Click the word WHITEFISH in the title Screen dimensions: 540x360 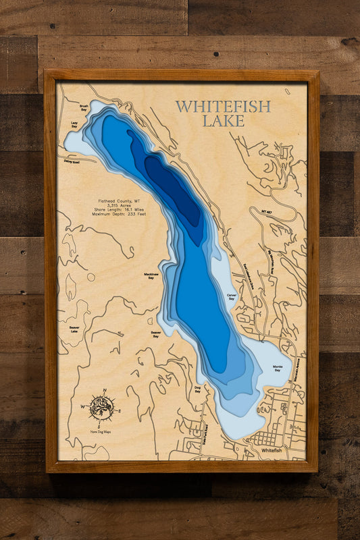pyautogui.click(x=223, y=107)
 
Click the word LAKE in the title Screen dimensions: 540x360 pyautogui.click(x=223, y=122)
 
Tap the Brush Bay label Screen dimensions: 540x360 pyautogui.click(x=84, y=107)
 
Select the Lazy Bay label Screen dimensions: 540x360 pyautogui.click(x=74, y=125)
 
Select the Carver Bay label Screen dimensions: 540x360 pyautogui.click(x=230, y=297)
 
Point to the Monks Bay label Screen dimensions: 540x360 pyautogui.click(x=277, y=369)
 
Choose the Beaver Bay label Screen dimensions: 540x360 pyautogui.click(x=155, y=334)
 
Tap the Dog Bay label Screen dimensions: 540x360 pyautogui.click(x=198, y=389)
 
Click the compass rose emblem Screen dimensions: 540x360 pyautogui.click(x=101, y=407)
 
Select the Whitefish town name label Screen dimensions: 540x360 pyautogui.click(x=271, y=450)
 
